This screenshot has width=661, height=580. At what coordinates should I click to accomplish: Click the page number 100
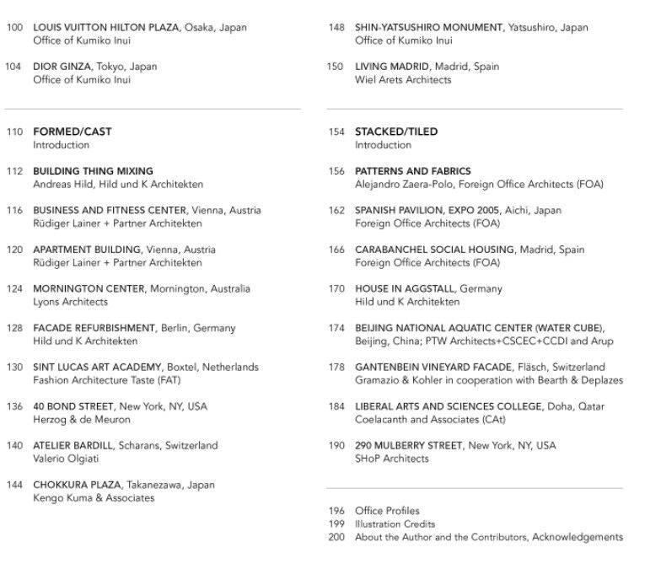[14, 28]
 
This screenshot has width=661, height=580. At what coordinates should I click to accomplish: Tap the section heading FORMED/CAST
[73, 132]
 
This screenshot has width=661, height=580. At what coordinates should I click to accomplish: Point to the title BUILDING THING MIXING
[93, 171]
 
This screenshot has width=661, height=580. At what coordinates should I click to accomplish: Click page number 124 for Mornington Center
[14, 289]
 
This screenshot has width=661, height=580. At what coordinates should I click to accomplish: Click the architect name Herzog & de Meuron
[82, 420]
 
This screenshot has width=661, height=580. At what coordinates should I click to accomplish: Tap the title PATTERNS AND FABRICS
[413, 171]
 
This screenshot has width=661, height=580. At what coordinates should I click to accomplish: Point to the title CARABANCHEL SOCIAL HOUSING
[434, 250]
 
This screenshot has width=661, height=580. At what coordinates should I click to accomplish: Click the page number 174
[336, 328]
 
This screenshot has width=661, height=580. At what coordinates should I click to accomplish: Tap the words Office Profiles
[387, 511]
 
